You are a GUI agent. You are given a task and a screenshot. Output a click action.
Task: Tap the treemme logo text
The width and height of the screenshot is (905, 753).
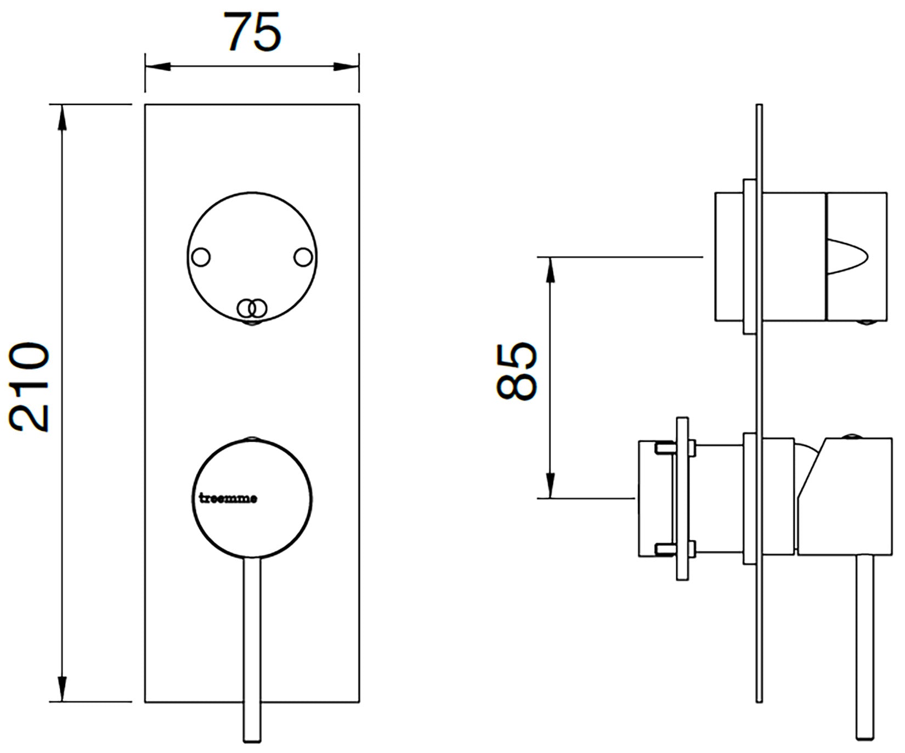pos(227,499)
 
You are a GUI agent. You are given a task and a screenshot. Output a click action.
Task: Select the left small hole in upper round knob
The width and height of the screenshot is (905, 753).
pos(201,257)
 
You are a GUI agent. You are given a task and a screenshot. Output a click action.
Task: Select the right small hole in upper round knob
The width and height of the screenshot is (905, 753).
pos(303,257)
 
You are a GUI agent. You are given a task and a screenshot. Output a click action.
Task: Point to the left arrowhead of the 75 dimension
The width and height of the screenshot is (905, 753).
pos(156,68)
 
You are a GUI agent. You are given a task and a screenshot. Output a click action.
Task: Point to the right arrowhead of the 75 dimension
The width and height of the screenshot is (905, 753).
pos(347,68)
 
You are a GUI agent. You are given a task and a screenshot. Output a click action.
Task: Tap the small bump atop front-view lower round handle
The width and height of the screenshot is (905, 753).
pos(252,438)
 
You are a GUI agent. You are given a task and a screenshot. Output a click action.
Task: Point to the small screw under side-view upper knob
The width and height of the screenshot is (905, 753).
pos(866,323)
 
